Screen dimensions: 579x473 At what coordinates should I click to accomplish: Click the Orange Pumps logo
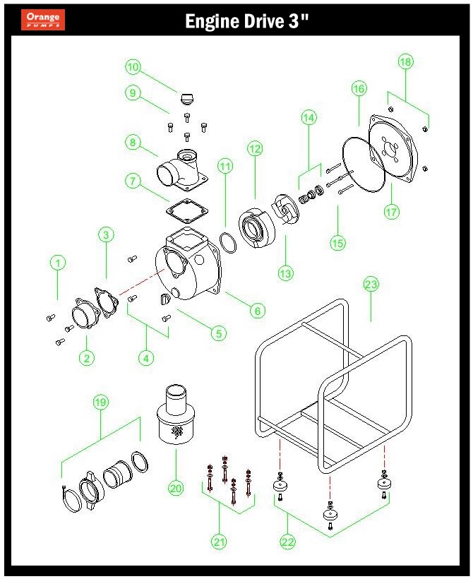[43, 20]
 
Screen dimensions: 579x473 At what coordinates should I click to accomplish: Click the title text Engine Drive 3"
[246, 22]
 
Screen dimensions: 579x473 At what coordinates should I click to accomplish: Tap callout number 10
[133, 67]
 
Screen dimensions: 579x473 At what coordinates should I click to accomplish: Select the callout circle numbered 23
[371, 285]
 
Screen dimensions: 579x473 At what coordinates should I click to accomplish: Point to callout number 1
[58, 263]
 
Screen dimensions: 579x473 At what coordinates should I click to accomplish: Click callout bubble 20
[176, 487]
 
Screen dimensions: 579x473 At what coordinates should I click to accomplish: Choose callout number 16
[359, 88]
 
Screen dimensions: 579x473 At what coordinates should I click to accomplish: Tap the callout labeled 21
[219, 542]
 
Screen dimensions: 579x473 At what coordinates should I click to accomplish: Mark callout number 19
[100, 402]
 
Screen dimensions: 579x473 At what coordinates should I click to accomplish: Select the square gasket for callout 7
[186, 211]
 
